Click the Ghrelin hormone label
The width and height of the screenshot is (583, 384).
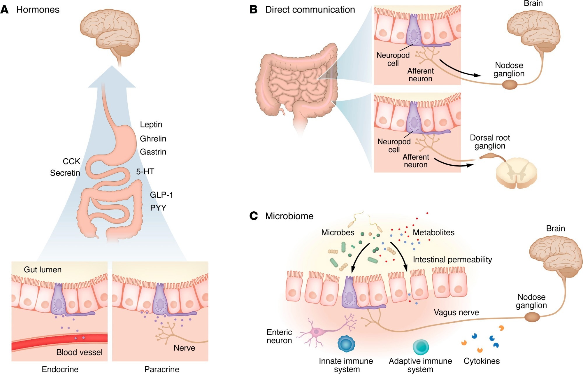(153, 138)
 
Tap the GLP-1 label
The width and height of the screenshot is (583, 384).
(161, 195)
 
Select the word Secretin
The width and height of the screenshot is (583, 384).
(65, 173)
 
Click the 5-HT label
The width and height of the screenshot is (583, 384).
(145, 171)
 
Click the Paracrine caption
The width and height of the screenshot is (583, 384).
(162, 369)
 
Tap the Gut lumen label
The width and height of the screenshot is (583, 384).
(43, 269)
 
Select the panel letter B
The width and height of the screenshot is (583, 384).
(253, 9)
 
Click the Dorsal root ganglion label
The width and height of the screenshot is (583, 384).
(490, 142)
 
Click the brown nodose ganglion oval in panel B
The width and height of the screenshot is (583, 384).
(509, 85)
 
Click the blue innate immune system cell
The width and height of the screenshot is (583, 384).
(346, 344)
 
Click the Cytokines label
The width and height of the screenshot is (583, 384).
(482, 361)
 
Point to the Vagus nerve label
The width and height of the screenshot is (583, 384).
(456, 312)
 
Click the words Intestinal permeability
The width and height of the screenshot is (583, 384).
(452, 259)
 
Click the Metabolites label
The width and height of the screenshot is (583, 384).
(433, 232)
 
